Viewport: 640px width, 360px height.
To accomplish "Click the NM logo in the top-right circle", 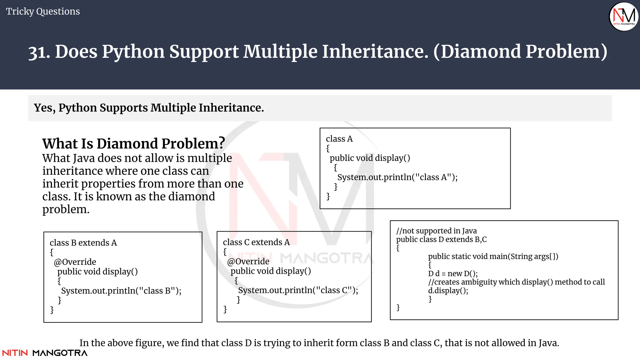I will pyautogui.click(x=624, y=16).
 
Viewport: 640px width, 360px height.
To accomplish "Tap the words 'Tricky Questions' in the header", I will pyautogui.click(x=43, y=12).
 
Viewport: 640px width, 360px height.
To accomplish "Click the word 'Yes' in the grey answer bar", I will pyautogui.click(x=44, y=108).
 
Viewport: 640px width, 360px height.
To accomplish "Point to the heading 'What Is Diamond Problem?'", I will pyautogui.click(x=133, y=144).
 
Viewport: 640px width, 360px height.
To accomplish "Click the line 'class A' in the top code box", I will pyautogui.click(x=339, y=139).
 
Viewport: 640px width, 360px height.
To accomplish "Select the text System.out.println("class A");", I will pyautogui.click(x=397, y=177).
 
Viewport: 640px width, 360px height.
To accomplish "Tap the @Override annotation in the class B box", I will pyautogui.click(x=75, y=262).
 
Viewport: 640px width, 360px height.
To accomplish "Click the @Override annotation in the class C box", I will pyautogui.click(x=248, y=261).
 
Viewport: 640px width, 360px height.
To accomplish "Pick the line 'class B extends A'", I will pyautogui.click(x=83, y=243).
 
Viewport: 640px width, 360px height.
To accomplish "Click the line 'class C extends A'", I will pyautogui.click(x=256, y=242).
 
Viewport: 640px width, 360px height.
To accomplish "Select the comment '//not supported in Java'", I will pyautogui.click(x=436, y=231).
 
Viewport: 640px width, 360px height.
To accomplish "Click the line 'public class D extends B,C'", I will pyautogui.click(x=441, y=239).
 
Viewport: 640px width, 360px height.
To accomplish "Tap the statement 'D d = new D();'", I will pyautogui.click(x=453, y=274).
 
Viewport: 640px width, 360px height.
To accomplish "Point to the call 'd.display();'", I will pyautogui.click(x=448, y=291).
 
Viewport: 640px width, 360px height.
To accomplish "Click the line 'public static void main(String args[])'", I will pyautogui.click(x=493, y=257).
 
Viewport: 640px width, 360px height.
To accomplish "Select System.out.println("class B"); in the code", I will pyautogui.click(x=121, y=291).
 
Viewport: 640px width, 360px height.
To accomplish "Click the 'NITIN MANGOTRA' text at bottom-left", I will pyautogui.click(x=45, y=353).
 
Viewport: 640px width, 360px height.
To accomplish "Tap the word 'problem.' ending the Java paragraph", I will pyautogui.click(x=66, y=209).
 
